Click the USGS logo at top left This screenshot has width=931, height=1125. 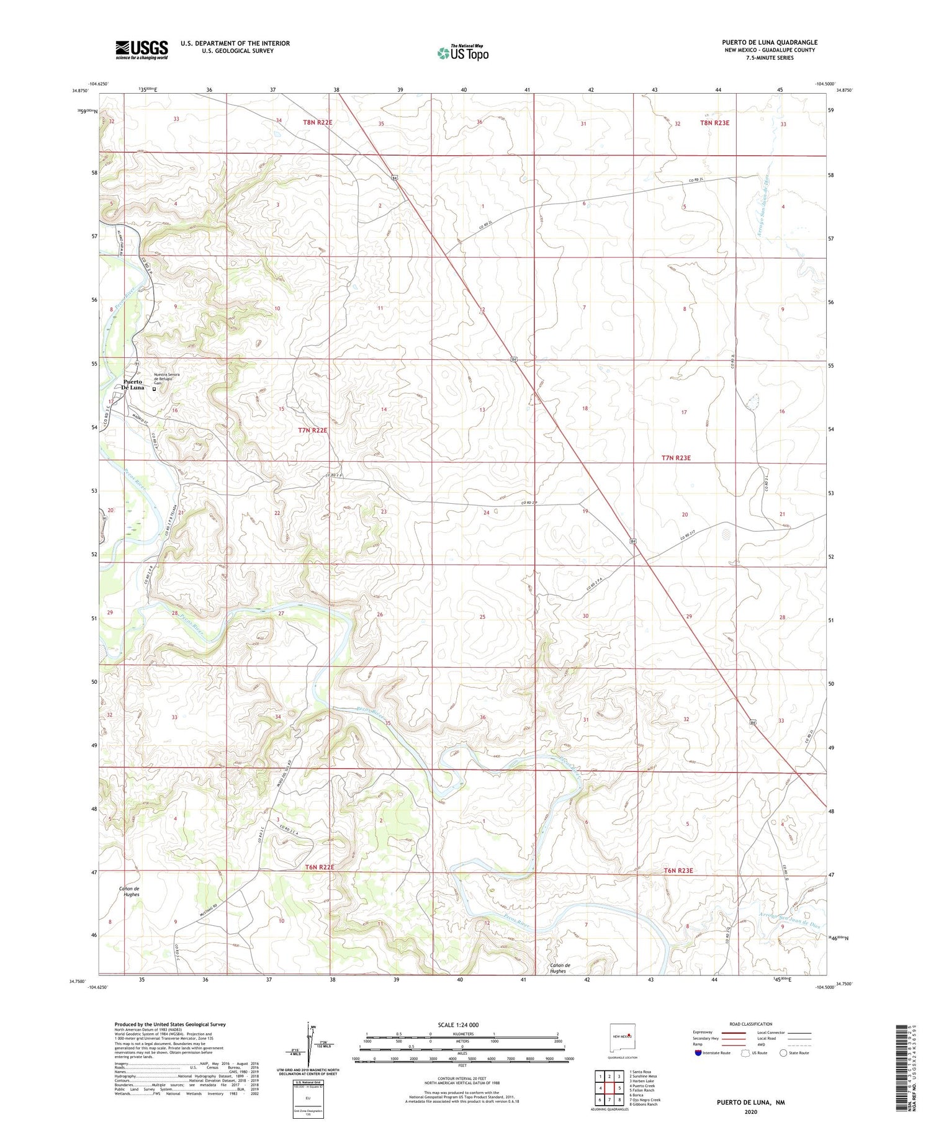142,50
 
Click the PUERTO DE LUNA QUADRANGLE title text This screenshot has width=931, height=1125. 769,43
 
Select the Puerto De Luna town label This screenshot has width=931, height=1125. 133,384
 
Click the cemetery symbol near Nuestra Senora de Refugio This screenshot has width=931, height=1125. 153,389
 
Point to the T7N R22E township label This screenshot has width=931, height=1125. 312,430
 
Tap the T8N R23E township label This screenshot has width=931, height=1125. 714,123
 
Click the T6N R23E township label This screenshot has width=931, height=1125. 678,871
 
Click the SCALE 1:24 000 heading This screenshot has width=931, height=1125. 458,1024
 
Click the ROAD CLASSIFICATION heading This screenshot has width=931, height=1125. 750,1024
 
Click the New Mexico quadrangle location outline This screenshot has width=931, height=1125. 623,1035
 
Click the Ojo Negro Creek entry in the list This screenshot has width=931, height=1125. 644,1100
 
